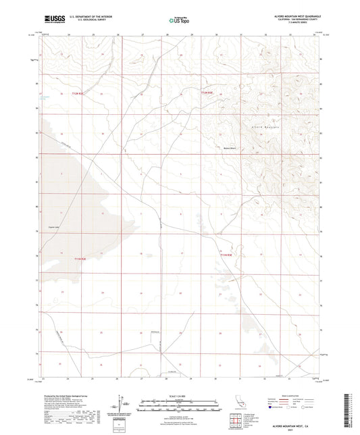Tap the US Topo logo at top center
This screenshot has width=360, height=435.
click(177, 21)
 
